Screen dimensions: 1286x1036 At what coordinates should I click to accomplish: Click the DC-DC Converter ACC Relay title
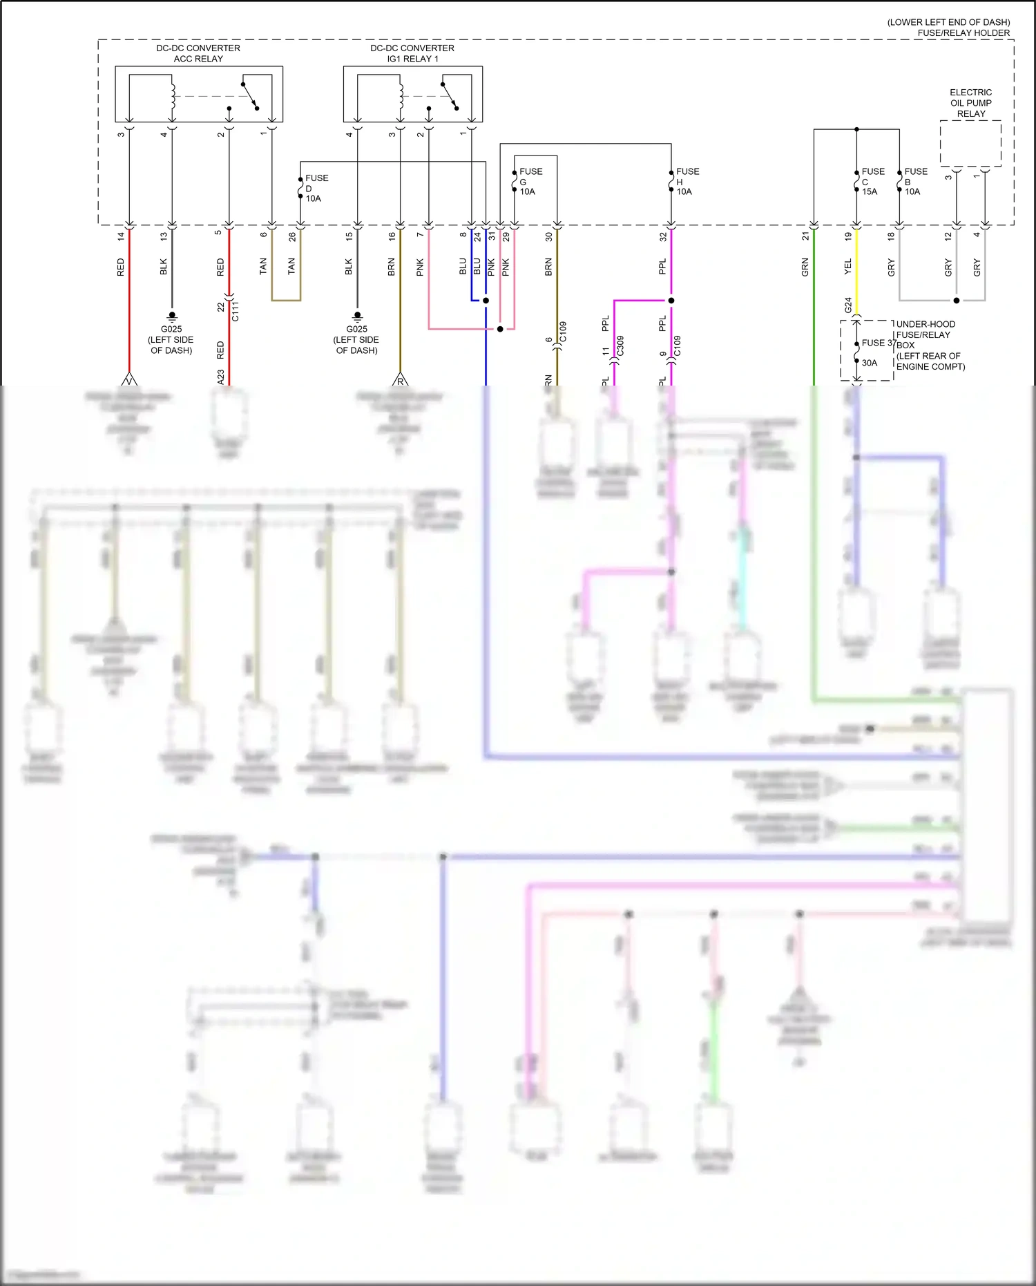[198, 53]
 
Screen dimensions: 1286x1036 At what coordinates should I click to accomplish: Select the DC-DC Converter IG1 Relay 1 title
[412, 53]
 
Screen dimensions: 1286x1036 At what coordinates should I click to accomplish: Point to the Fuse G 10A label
[530, 181]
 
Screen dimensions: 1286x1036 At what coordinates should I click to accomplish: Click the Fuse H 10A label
[687, 181]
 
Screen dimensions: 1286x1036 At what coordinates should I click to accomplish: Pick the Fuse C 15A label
[872, 181]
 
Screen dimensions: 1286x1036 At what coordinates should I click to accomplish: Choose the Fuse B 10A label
[915, 181]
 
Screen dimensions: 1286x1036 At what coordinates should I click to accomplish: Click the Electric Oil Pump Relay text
[970, 103]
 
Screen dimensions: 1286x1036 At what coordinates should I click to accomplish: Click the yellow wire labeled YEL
[856, 273]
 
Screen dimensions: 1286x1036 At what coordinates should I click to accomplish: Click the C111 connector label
[236, 311]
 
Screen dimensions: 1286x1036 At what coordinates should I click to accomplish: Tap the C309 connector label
[620, 346]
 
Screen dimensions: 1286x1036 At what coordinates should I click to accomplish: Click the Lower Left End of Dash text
[948, 22]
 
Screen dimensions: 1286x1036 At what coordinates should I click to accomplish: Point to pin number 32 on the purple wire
[663, 236]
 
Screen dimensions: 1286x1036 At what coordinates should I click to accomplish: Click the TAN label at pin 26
[291, 266]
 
